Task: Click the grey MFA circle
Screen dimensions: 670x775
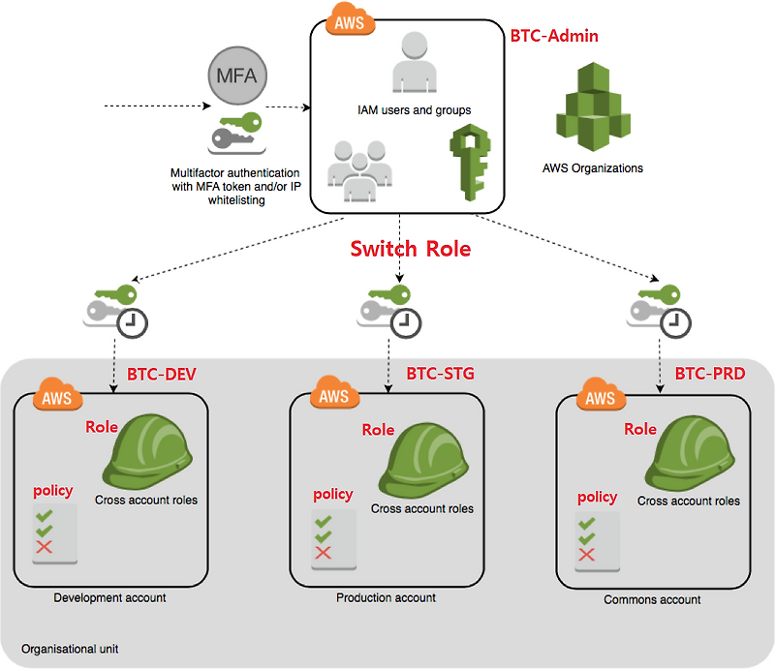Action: pos(237,75)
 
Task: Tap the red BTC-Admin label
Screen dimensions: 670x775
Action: pos(554,36)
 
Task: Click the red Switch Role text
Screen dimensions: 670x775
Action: pos(410,249)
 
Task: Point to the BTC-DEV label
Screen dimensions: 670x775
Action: pos(162,374)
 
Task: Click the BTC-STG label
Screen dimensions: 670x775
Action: pos(440,373)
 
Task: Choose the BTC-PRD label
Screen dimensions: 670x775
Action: pos(709,373)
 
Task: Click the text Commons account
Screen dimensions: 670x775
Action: pos(652,599)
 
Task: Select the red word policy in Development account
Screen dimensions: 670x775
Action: pos(52,491)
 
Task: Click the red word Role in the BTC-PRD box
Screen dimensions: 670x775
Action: pos(640,429)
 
